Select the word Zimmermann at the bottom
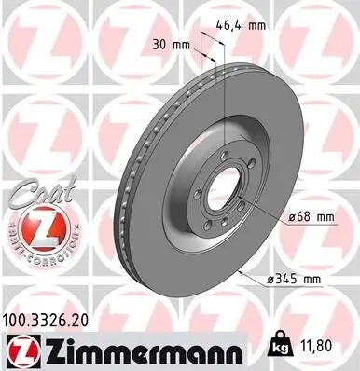131,350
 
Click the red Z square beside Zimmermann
19,350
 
